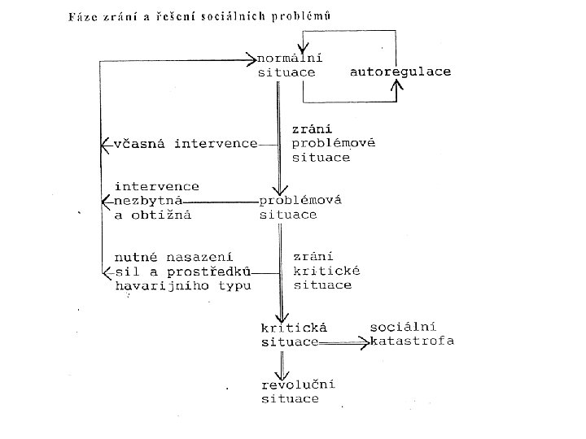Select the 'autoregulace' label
click(x=400, y=72)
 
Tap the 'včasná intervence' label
click(x=186, y=144)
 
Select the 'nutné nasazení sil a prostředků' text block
click(x=183, y=271)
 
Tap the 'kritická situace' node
click(x=293, y=334)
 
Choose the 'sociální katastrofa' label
click(x=412, y=333)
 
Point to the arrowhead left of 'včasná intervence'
click(x=104, y=144)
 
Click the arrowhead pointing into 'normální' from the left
click(x=251, y=59)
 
